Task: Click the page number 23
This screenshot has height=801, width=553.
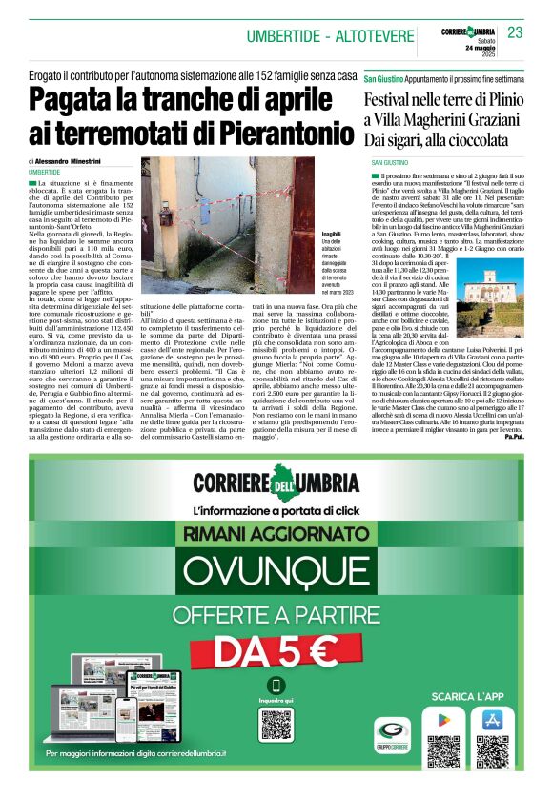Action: pyautogui.click(x=516, y=32)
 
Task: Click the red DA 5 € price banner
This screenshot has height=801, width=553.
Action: pyautogui.click(x=276, y=651)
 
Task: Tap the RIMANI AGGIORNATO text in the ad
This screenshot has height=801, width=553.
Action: pyautogui.click(x=276, y=536)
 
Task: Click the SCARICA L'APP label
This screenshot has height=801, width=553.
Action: pyautogui.click(x=467, y=695)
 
